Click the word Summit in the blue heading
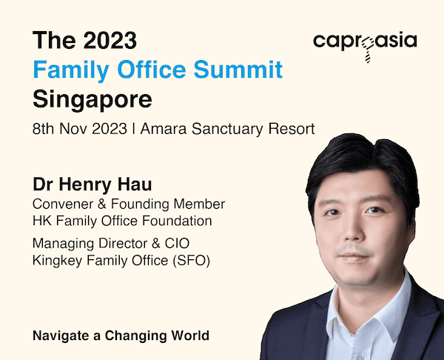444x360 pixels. click(x=238, y=69)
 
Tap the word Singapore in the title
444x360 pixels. click(x=92, y=100)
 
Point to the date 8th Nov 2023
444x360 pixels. click(x=80, y=129)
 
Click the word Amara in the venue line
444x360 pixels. click(x=164, y=129)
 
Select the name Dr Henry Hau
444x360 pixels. click(x=92, y=185)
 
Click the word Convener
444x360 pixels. click(x=63, y=204)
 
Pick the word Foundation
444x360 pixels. click(x=177, y=221)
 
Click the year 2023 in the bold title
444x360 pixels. click(x=110, y=40)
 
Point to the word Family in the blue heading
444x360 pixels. click(x=71, y=70)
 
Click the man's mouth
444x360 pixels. click(x=354, y=256)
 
